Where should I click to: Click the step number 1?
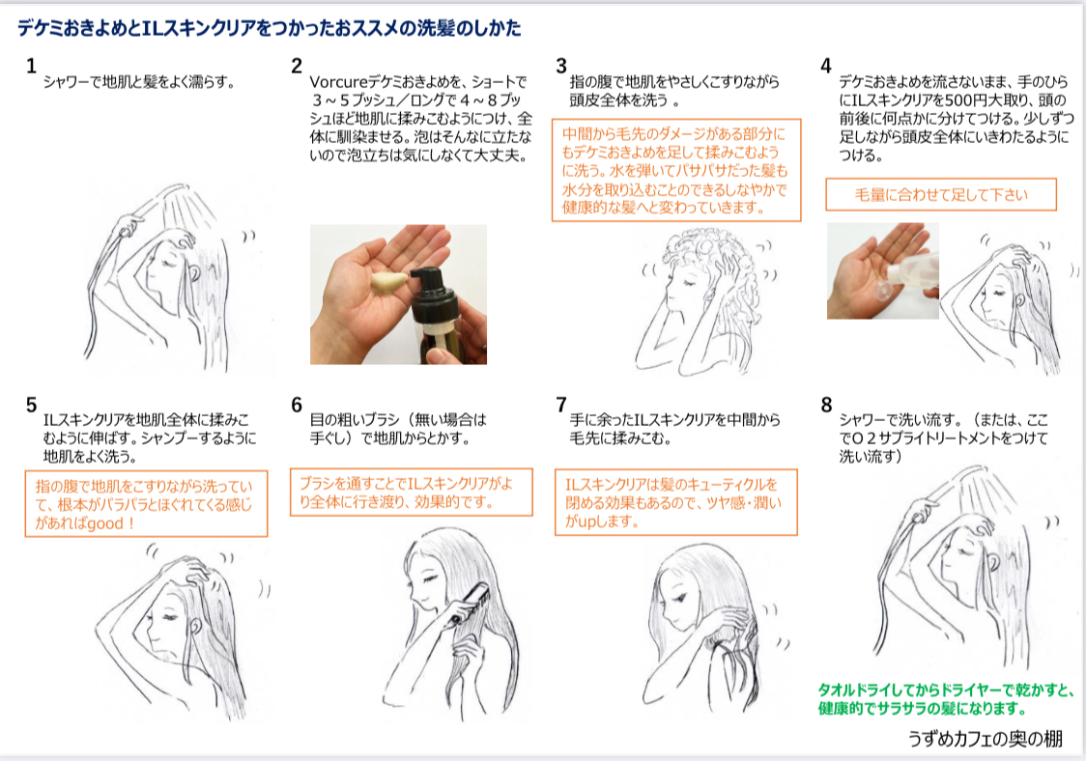[x=31, y=66]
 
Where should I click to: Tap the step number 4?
[x=825, y=66]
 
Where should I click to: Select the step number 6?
[x=297, y=404]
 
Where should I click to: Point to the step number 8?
[x=826, y=404]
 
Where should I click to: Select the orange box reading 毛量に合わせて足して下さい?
[x=941, y=194]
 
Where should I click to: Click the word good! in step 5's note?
[x=112, y=522]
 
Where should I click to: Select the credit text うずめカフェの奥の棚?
[x=985, y=739]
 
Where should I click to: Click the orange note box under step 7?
[x=675, y=502]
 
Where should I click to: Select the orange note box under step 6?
[x=411, y=493]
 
